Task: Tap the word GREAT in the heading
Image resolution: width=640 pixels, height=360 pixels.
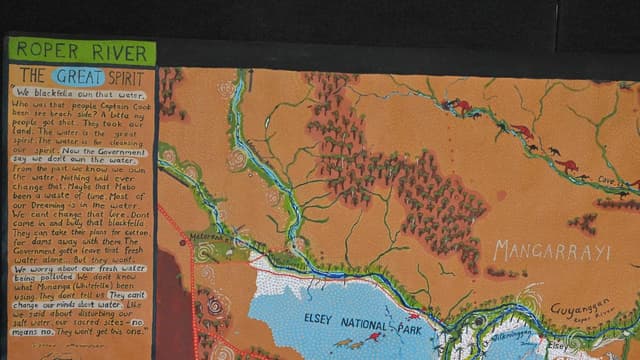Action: (x=80, y=76)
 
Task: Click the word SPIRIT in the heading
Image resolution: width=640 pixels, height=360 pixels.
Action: (x=127, y=76)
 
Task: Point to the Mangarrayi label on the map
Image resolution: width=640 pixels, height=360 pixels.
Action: (x=551, y=250)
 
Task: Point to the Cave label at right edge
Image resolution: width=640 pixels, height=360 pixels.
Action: (x=609, y=180)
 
